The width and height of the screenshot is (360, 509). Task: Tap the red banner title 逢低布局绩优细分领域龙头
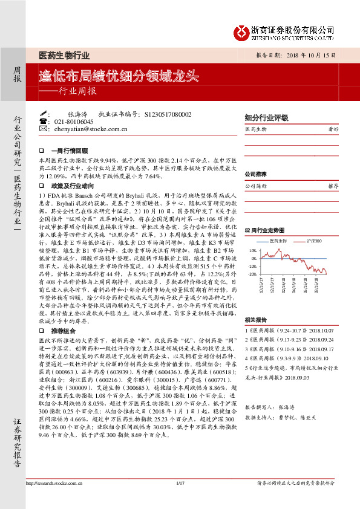pos(119,76)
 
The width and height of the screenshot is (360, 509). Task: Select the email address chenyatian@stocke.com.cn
pos(86,129)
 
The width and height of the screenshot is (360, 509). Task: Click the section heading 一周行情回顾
pos(70,150)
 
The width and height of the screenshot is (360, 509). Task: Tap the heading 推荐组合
pos(64,315)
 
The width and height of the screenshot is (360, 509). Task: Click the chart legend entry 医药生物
pos(277,241)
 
